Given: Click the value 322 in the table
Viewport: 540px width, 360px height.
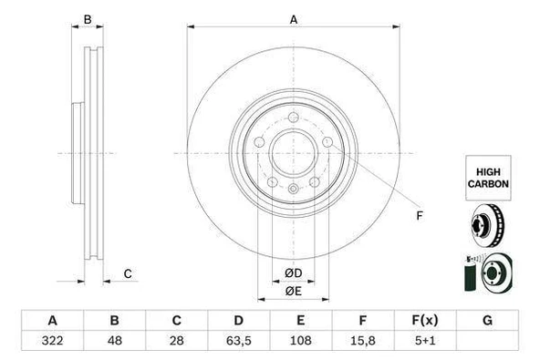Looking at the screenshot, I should (52, 341).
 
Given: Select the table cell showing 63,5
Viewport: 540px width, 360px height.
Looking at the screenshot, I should (239, 341).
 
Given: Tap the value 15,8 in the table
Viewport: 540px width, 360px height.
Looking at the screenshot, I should (362, 341).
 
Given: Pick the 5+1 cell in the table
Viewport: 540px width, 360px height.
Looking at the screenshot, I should (425, 341).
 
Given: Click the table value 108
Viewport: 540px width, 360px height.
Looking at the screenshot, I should (301, 341).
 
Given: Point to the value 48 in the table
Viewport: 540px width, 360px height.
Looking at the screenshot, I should (115, 341).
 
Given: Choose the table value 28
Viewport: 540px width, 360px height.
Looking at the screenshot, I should (177, 341).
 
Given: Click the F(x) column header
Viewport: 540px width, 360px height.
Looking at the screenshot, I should (425, 320).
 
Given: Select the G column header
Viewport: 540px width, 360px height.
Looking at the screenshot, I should (487, 320).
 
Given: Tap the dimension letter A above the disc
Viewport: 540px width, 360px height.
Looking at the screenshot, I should (294, 19).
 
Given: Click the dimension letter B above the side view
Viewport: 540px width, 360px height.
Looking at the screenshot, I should (88, 19).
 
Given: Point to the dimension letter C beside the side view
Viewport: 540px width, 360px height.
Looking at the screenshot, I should (129, 273).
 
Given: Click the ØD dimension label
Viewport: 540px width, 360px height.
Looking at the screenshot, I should (293, 273).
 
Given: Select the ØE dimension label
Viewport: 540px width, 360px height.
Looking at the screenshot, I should (293, 291).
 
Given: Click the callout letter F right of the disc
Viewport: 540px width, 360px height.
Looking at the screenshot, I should (419, 216).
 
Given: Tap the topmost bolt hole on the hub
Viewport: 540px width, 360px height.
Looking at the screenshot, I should (293, 116).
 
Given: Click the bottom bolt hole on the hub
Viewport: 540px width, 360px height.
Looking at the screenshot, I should (293, 189).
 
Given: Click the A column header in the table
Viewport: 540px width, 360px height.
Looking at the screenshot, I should (52, 320).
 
